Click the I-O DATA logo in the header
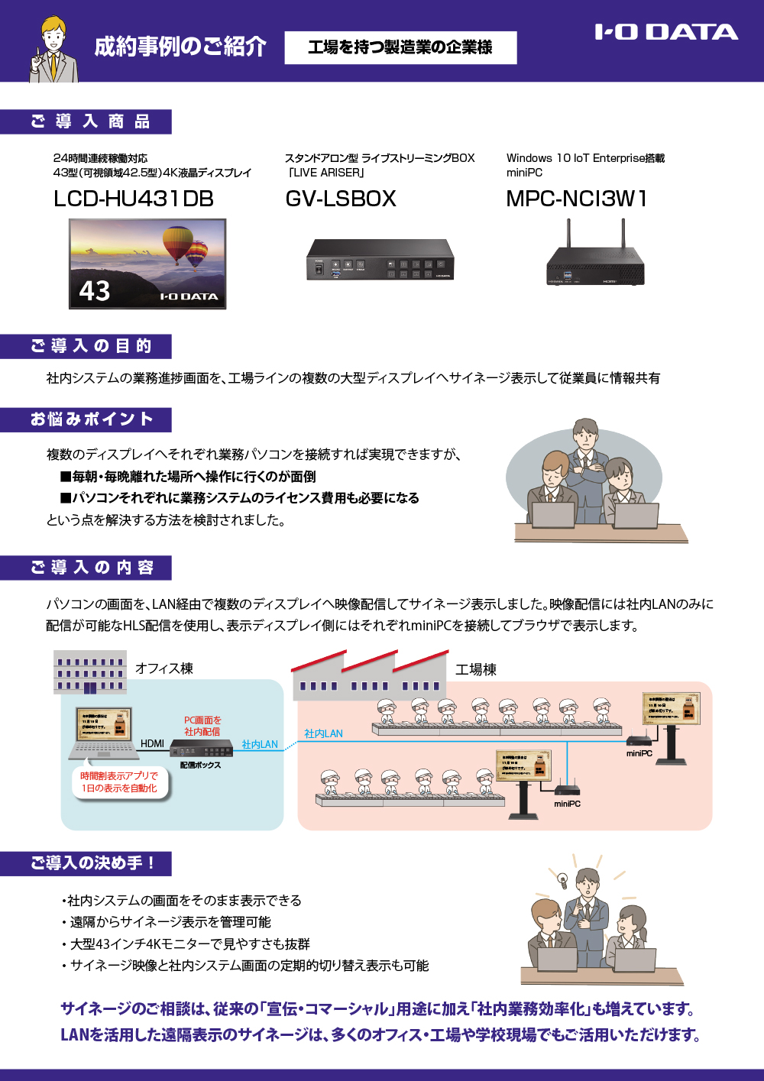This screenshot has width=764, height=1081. (666, 32)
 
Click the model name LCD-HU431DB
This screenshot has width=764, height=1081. (134, 199)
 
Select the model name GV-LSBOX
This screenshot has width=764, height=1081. (341, 199)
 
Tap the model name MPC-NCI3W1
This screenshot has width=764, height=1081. (577, 199)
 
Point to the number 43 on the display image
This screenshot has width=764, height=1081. (95, 291)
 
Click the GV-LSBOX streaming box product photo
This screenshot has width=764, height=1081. (380, 260)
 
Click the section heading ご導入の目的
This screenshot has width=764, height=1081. (90, 346)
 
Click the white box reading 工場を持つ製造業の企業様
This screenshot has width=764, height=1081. (400, 47)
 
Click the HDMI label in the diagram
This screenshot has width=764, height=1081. (152, 743)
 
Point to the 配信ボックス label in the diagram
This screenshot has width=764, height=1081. (200, 765)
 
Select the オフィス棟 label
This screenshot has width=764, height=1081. (164, 668)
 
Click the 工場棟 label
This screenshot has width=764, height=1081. (475, 670)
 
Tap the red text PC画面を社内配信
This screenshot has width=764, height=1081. (202, 726)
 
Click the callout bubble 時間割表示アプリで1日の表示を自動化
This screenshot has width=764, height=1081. (120, 782)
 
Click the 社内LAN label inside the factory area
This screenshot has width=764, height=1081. (323, 733)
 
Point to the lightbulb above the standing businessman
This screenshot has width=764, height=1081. (563, 879)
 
